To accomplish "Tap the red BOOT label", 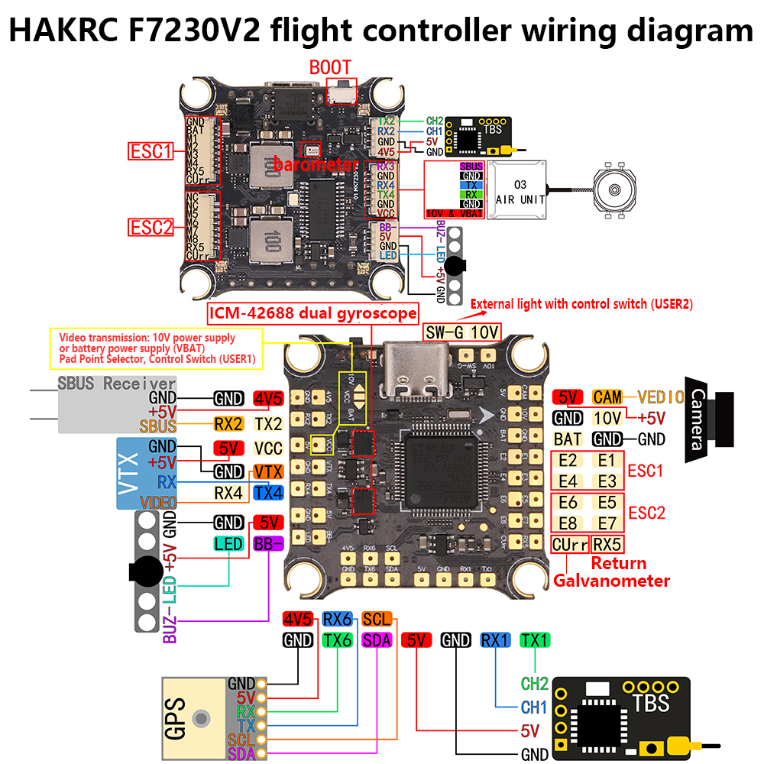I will point(330,67).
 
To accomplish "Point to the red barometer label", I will point(316,164).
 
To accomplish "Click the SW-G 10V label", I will point(462,332).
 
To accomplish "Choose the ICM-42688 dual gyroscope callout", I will point(313,312).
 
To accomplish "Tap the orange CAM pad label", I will point(607,397).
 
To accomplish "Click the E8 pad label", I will point(568,523).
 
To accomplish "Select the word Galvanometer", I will point(611,581).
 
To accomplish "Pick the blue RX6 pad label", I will point(337,619).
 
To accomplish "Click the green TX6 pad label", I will point(337,640).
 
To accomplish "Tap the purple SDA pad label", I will point(376,640).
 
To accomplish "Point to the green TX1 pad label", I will point(534,640).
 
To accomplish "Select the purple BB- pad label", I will point(267,544).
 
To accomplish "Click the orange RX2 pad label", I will point(228,425).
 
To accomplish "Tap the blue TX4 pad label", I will point(267,493).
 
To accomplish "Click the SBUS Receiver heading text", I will point(116,384).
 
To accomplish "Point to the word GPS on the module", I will point(174,718).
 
